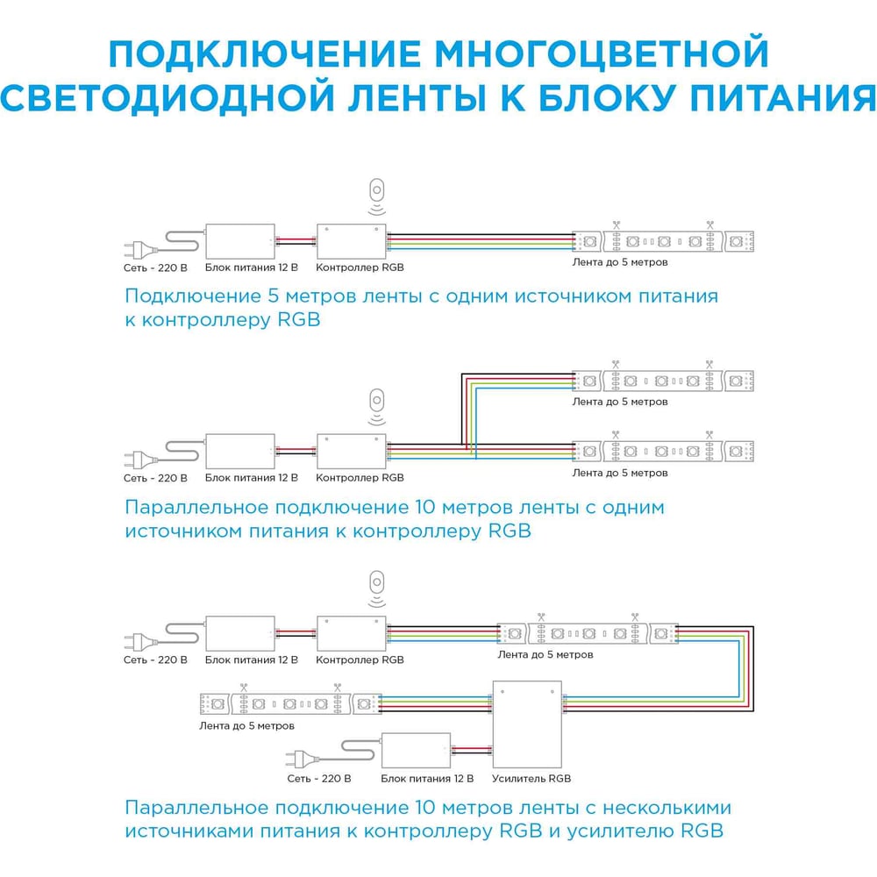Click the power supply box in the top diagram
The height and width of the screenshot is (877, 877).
click(239, 240)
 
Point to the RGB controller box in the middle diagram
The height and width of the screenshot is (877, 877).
click(351, 451)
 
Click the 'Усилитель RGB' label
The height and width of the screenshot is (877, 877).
click(531, 778)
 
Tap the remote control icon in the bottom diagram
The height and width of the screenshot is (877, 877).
click(377, 583)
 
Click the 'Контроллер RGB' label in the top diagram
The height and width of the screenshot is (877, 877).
click(360, 267)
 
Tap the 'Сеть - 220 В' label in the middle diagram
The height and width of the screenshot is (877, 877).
click(155, 478)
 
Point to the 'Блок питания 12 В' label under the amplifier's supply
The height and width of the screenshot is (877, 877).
click(427, 778)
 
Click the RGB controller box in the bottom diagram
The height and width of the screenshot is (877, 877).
click(351, 632)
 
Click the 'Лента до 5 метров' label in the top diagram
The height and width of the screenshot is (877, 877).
click(619, 262)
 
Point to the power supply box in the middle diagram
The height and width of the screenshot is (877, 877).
click(239, 451)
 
